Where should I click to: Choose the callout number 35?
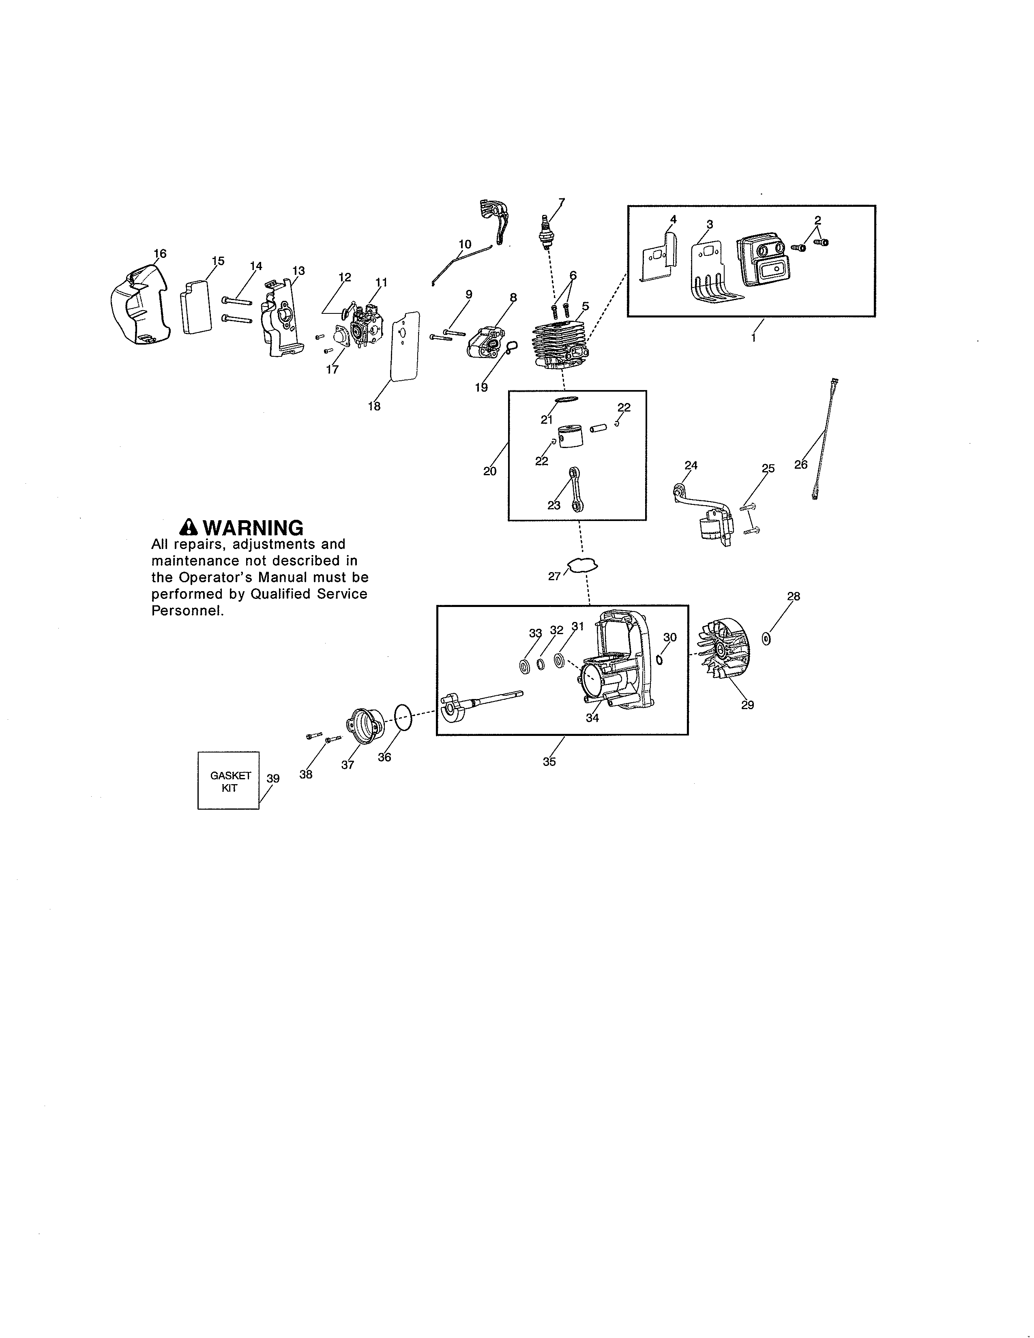pos(549,761)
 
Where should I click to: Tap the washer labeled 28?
pos(766,639)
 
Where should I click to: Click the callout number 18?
pos(374,406)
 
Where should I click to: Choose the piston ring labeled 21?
pos(566,400)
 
